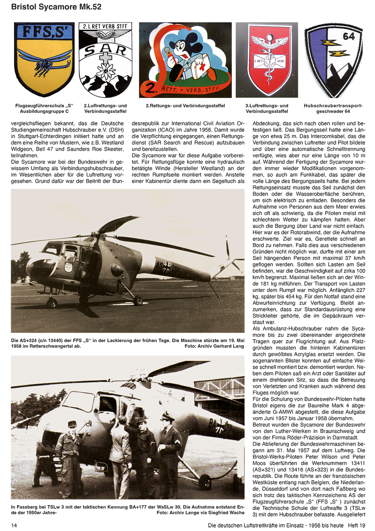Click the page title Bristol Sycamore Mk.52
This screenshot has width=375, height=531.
[x=56, y=7]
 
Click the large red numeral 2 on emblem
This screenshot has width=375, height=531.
[x=151, y=88]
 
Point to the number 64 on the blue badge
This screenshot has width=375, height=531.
[x=348, y=36]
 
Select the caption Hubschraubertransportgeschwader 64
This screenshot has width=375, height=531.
[x=333, y=108]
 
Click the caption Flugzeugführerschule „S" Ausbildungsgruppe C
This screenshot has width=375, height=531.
[x=44, y=108]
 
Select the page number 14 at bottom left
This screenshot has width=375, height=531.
[x=14, y=525]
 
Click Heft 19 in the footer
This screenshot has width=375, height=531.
[x=357, y=525]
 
